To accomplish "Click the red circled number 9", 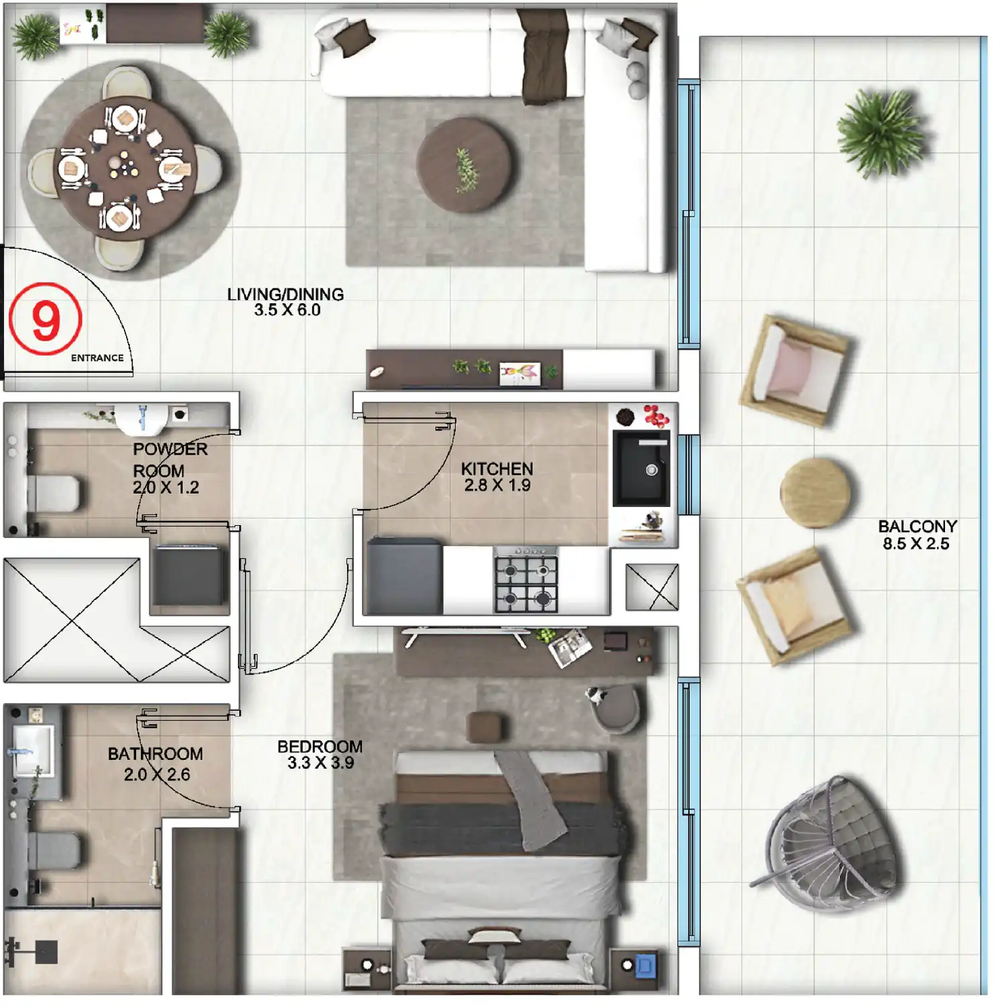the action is [46, 319].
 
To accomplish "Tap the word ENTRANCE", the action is [97, 358].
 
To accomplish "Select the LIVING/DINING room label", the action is [286, 294].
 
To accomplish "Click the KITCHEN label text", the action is [497, 469].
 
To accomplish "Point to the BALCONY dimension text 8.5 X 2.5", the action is [916, 544].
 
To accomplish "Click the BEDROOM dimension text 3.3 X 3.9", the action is [320, 763].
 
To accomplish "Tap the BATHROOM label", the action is [156, 754].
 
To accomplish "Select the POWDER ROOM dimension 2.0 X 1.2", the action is [166, 488].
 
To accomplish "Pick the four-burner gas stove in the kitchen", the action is [526, 579].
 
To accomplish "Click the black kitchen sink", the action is [641, 468].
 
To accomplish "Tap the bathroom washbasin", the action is [32, 749].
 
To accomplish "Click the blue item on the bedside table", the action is [645, 966].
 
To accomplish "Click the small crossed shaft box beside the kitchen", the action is [651, 587].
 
